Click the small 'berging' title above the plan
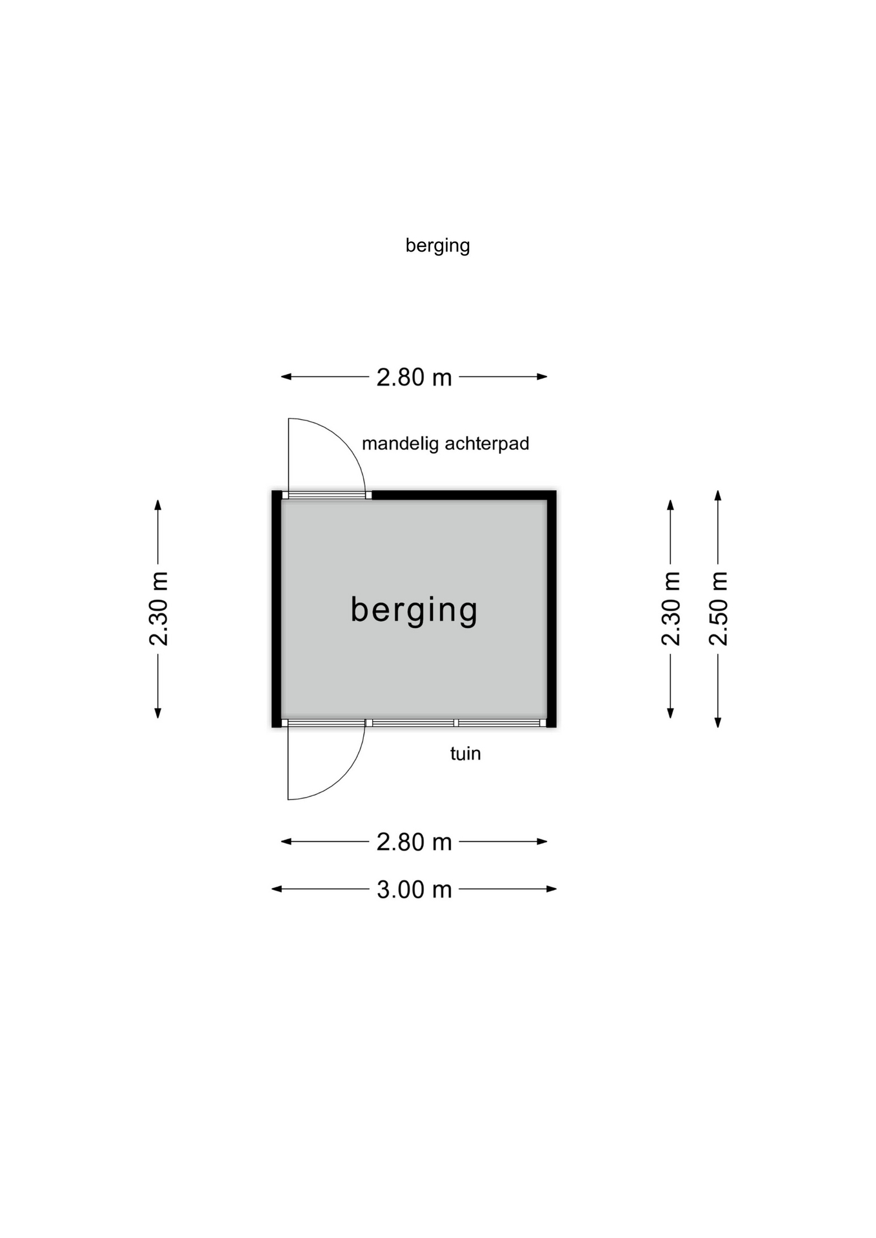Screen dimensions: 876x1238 pyautogui.click(x=437, y=246)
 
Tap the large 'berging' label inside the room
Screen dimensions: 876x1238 pyautogui.click(x=414, y=609)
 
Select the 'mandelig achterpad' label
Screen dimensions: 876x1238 pyautogui.click(x=445, y=444)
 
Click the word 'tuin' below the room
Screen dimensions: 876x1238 pyautogui.click(x=465, y=753)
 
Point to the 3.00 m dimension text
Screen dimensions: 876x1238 pyautogui.click(x=414, y=889)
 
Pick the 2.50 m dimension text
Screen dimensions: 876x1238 pyautogui.click(x=718, y=609)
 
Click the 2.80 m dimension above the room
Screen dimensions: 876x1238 pyautogui.click(x=414, y=377)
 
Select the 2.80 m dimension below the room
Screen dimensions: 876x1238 pyautogui.click(x=414, y=842)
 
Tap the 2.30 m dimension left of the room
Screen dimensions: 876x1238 pyautogui.click(x=158, y=609)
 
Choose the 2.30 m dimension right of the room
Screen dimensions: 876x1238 pyautogui.click(x=671, y=609)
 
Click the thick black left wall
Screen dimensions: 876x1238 pyautogui.click(x=277, y=609)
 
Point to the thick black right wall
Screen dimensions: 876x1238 pyautogui.click(x=552, y=609)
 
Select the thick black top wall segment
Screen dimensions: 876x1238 pyautogui.click(x=464, y=495)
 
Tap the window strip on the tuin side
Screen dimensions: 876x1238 pyautogui.click(x=456, y=723)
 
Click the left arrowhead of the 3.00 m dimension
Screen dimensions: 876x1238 pyautogui.click(x=277, y=889)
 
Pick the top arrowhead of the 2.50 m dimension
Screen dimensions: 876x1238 pyautogui.click(x=718, y=495)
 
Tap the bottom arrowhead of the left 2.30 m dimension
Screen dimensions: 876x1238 pyautogui.click(x=158, y=712)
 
